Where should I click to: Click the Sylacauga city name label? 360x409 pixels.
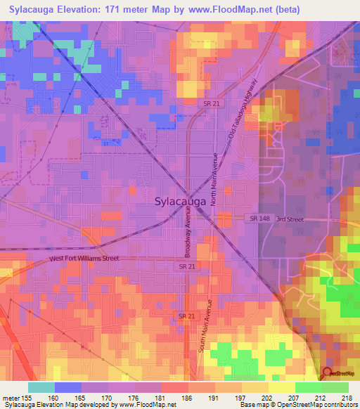pyautogui.click(x=180, y=201)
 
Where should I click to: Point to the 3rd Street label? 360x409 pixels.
pyautogui.click(x=290, y=219)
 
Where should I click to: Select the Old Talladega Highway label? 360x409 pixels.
pyautogui.click(x=240, y=115)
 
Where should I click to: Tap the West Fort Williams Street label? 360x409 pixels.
pyautogui.click(x=84, y=259)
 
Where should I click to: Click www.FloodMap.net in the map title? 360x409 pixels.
pyautogui.click(x=233, y=9)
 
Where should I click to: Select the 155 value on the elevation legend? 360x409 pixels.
pyautogui.click(x=28, y=398)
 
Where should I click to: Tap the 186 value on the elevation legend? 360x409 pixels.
pyautogui.click(x=187, y=398)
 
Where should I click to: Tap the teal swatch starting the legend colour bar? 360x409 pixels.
pyautogui.click(x=41, y=387)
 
